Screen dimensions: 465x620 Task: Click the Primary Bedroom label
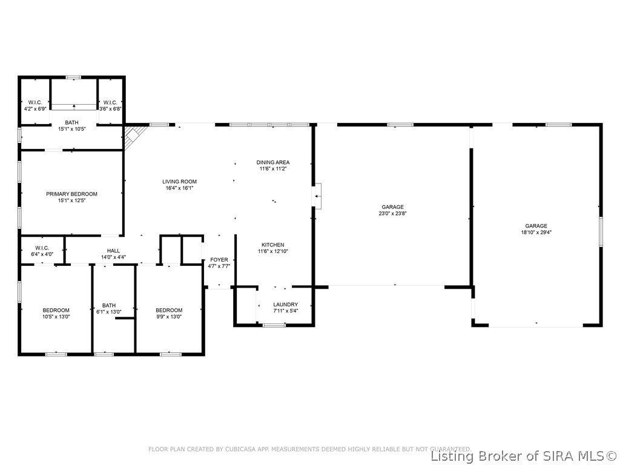(x=71, y=194)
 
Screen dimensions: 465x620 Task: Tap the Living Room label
(x=179, y=182)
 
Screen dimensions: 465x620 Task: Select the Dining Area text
(x=272, y=162)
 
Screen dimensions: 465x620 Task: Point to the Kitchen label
(x=272, y=245)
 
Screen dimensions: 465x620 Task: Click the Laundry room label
(x=285, y=305)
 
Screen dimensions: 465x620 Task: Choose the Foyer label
(x=219, y=260)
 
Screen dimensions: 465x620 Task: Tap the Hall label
(x=113, y=251)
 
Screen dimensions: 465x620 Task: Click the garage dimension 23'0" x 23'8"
(x=392, y=213)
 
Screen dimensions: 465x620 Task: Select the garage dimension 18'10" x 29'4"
(x=536, y=232)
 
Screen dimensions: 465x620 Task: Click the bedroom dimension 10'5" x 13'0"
(x=56, y=317)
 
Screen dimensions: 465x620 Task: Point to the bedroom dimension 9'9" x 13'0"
(x=169, y=317)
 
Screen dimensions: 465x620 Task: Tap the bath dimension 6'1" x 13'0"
(x=109, y=312)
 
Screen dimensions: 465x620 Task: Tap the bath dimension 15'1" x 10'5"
(x=71, y=129)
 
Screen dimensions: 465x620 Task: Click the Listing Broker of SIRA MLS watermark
(x=524, y=456)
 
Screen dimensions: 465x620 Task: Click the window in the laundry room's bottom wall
(x=274, y=325)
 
